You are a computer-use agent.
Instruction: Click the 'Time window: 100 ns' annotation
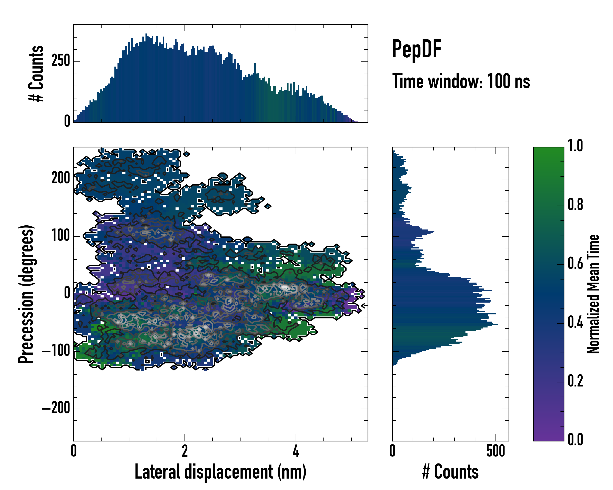tap(461, 81)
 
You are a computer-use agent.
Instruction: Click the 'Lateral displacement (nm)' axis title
tap(220, 472)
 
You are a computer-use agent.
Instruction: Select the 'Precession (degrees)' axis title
tap(26, 294)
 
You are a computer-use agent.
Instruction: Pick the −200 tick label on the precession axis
tap(56, 409)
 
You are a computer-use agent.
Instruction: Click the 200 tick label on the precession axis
tap(60, 178)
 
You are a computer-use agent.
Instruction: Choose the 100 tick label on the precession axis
tap(60, 236)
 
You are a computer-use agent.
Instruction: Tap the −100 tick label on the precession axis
tap(56, 351)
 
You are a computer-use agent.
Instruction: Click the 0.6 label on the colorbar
tap(575, 264)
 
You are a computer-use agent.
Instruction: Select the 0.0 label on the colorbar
tap(575, 440)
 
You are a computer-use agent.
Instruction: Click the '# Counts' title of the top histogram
tap(36, 73)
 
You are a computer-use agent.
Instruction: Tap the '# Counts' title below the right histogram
tap(450, 472)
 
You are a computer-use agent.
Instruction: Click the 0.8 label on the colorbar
tap(575, 205)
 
